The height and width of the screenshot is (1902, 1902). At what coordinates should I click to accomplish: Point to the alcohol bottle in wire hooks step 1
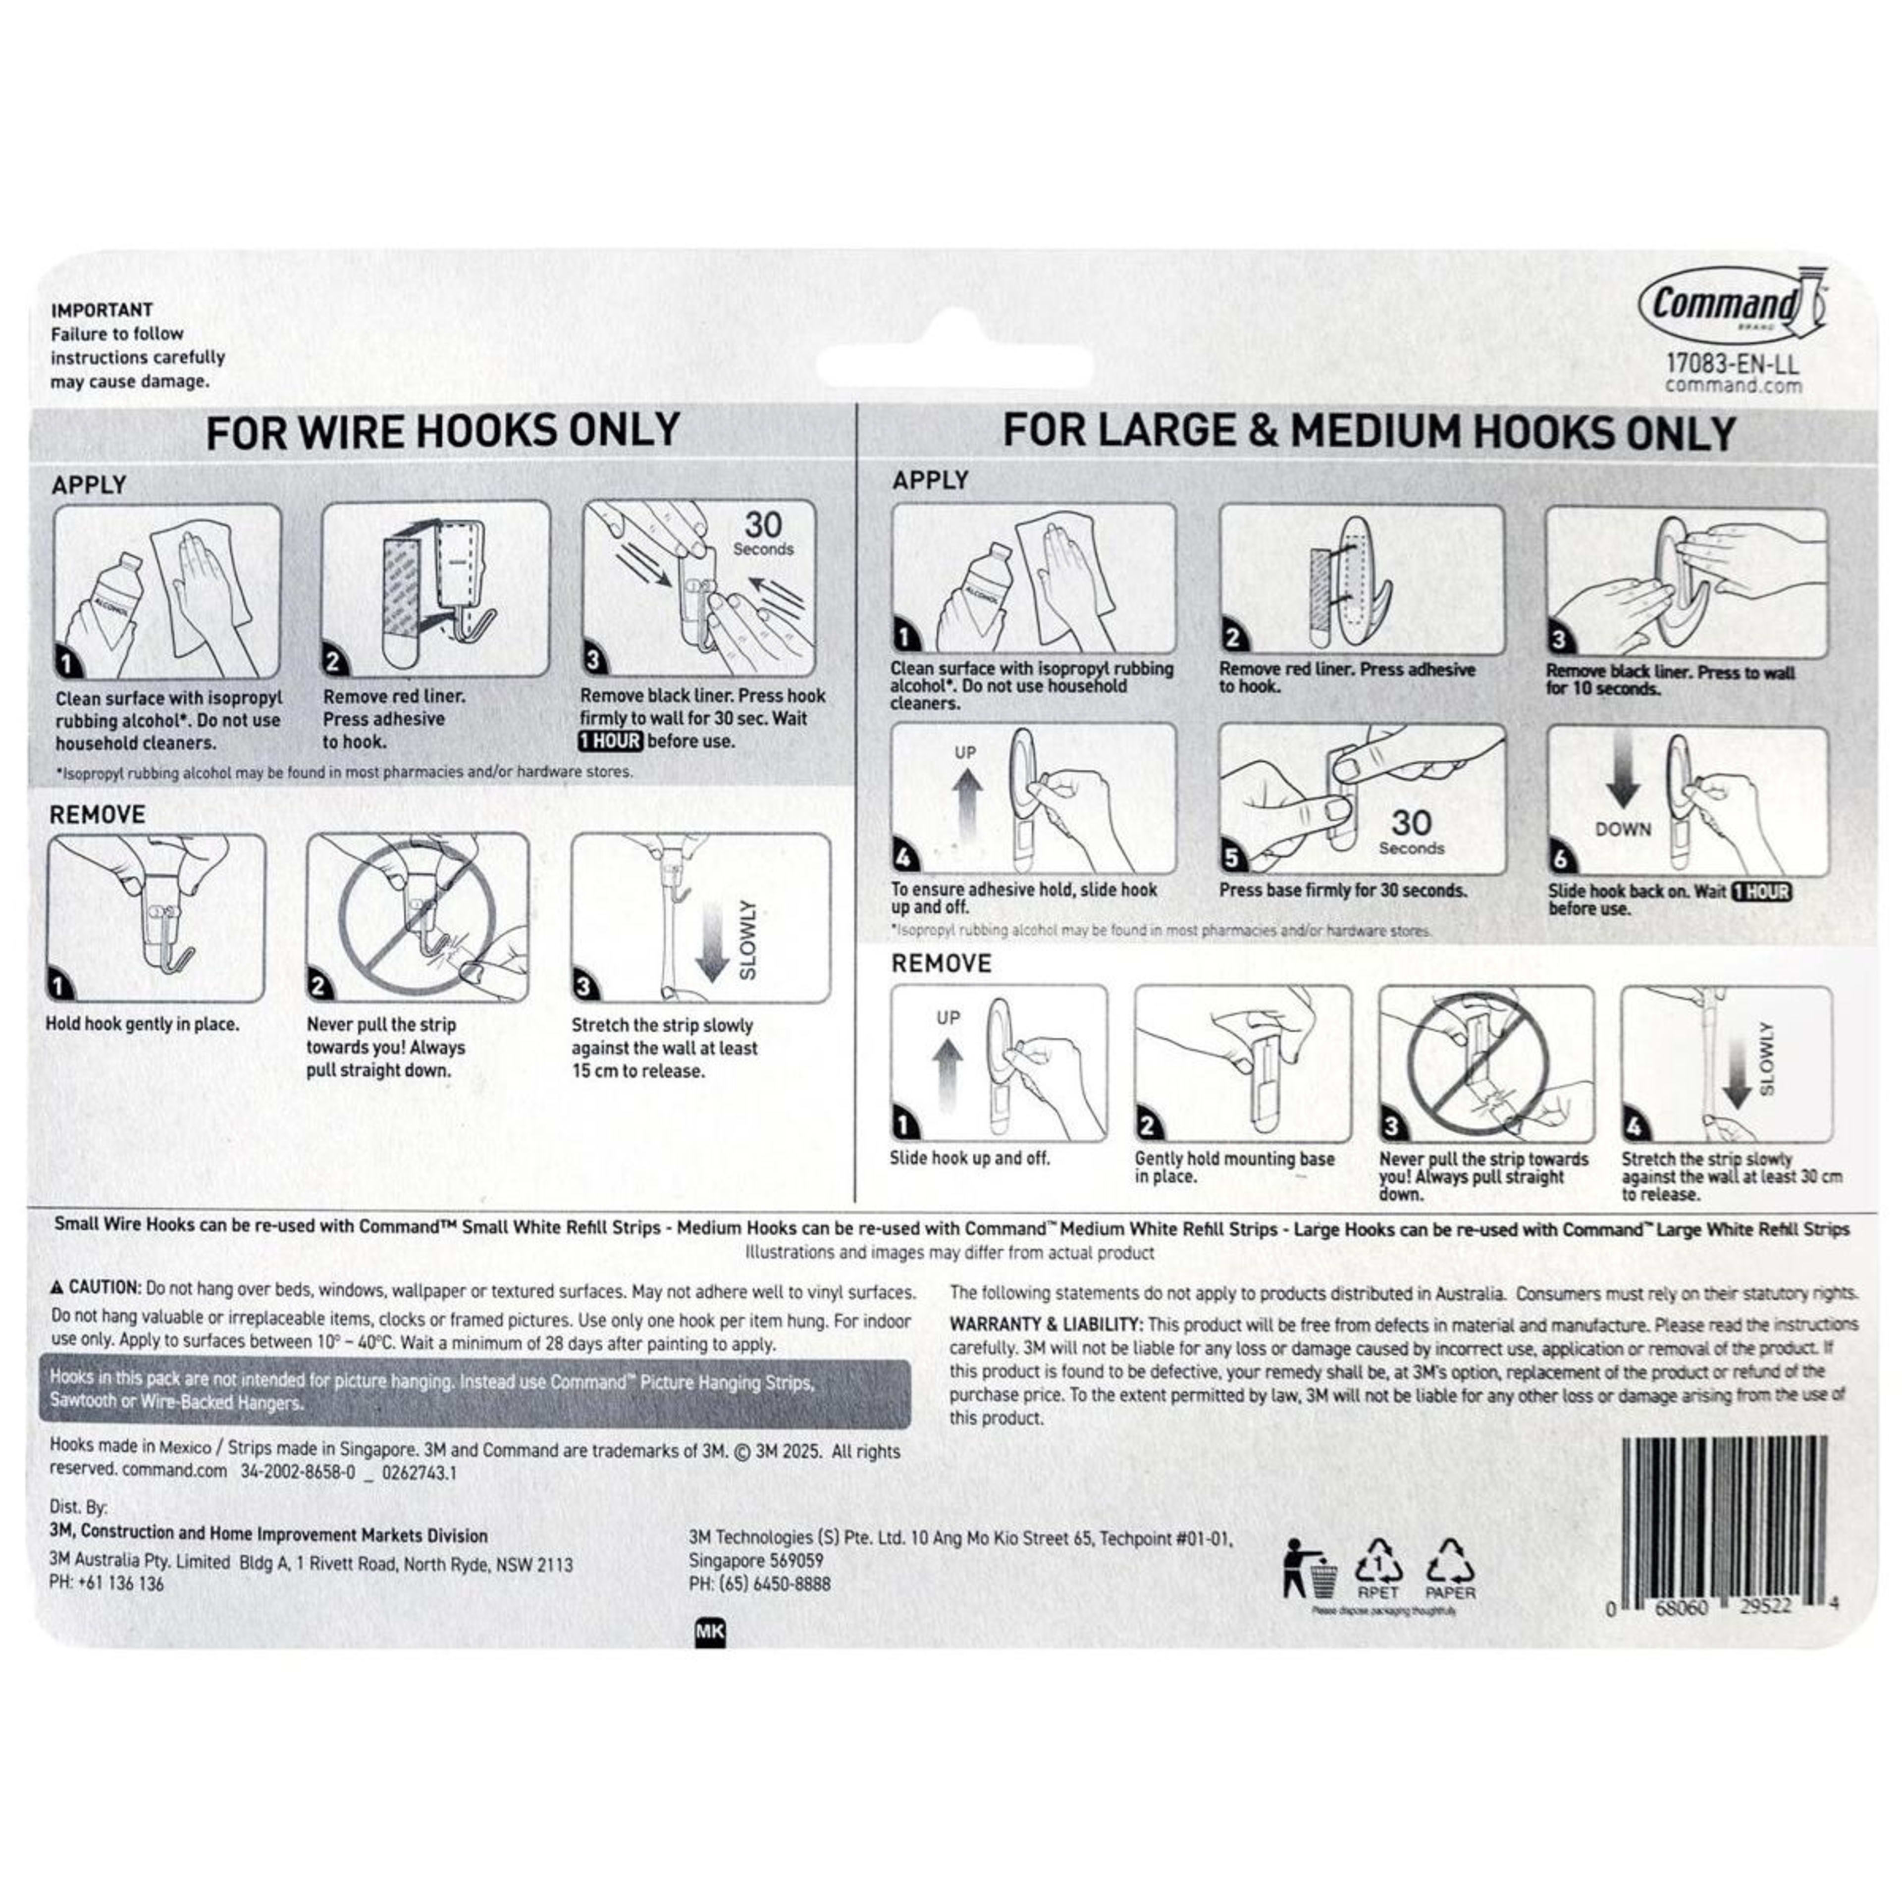pyautogui.click(x=106, y=598)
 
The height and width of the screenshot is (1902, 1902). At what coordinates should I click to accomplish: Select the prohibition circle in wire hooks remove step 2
pyautogui.click(x=417, y=915)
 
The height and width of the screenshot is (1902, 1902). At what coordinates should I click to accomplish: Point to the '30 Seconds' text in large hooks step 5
pyautogui.click(x=1411, y=832)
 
